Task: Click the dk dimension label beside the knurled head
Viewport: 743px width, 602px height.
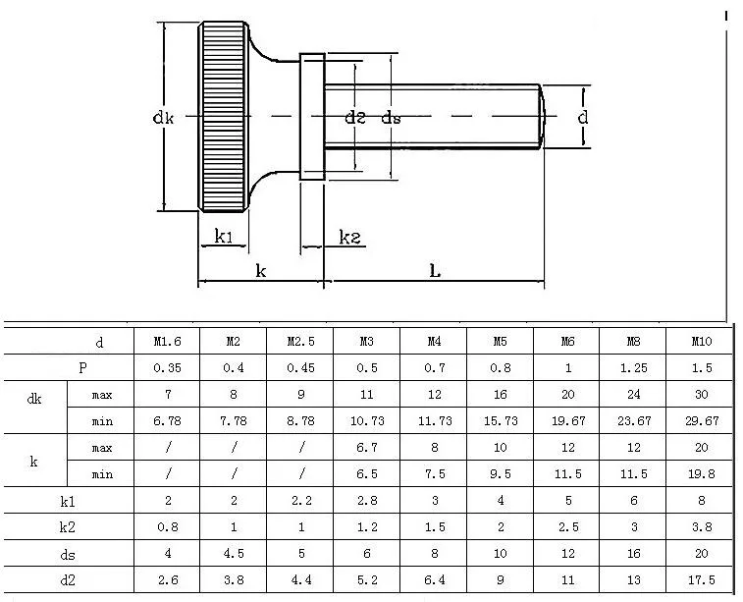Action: tap(164, 117)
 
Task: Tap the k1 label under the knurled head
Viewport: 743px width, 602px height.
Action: tap(224, 236)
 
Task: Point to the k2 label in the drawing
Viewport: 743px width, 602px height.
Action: tap(350, 237)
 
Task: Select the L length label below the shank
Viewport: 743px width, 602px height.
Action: tap(435, 271)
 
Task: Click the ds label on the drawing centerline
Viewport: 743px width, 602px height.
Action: tap(392, 118)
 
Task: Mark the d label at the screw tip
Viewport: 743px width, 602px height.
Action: tap(583, 116)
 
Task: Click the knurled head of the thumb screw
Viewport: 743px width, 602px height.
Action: tap(224, 117)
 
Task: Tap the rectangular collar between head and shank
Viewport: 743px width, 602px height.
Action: tap(312, 117)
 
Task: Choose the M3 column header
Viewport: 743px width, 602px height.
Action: tap(367, 342)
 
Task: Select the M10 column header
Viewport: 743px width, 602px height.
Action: tap(702, 342)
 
